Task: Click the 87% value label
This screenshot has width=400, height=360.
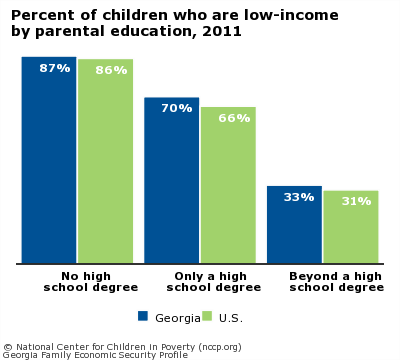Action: pyautogui.click(x=54, y=68)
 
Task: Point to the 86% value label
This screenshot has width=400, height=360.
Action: pyautogui.click(x=111, y=70)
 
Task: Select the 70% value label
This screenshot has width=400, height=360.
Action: pyautogui.click(x=176, y=108)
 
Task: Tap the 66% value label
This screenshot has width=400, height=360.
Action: pyautogui.click(x=234, y=118)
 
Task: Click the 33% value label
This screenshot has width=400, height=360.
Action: pyautogui.click(x=299, y=197)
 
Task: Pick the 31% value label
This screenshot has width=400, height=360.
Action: pyautogui.click(x=355, y=201)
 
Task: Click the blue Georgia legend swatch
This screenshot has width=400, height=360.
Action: pyautogui.click(x=143, y=316)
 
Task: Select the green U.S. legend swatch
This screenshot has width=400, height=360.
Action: pyautogui.click(x=208, y=316)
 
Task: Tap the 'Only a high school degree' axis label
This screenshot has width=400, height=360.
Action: pyautogui.click(x=213, y=282)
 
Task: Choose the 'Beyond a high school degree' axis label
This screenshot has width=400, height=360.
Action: pyautogui.click(x=336, y=282)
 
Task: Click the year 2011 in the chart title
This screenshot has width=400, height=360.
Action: pyautogui.click(x=221, y=31)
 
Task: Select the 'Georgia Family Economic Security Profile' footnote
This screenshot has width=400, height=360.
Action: pyautogui.click(x=95, y=354)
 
